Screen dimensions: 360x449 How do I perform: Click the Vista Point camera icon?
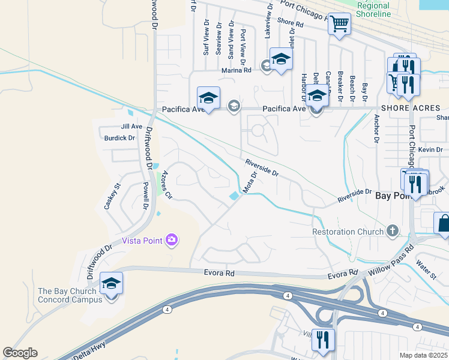click(x=172, y=241)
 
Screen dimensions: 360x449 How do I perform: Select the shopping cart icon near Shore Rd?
click(x=340, y=25)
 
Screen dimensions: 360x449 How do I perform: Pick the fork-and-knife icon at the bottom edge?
click(x=323, y=340)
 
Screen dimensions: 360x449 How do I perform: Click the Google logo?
click(x=20, y=353)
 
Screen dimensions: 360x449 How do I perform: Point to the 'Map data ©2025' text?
click(x=423, y=355)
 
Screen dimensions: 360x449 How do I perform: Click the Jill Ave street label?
click(x=131, y=127)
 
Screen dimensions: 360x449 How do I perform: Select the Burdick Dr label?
click(x=119, y=138)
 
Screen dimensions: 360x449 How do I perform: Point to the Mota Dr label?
click(x=250, y=182)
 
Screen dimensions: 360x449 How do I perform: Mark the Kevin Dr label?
click(x=430, y=149)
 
